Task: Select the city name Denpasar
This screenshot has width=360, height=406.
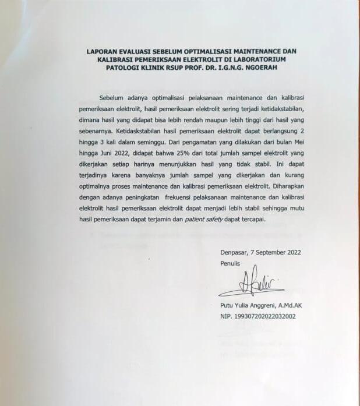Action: point(234,252)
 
